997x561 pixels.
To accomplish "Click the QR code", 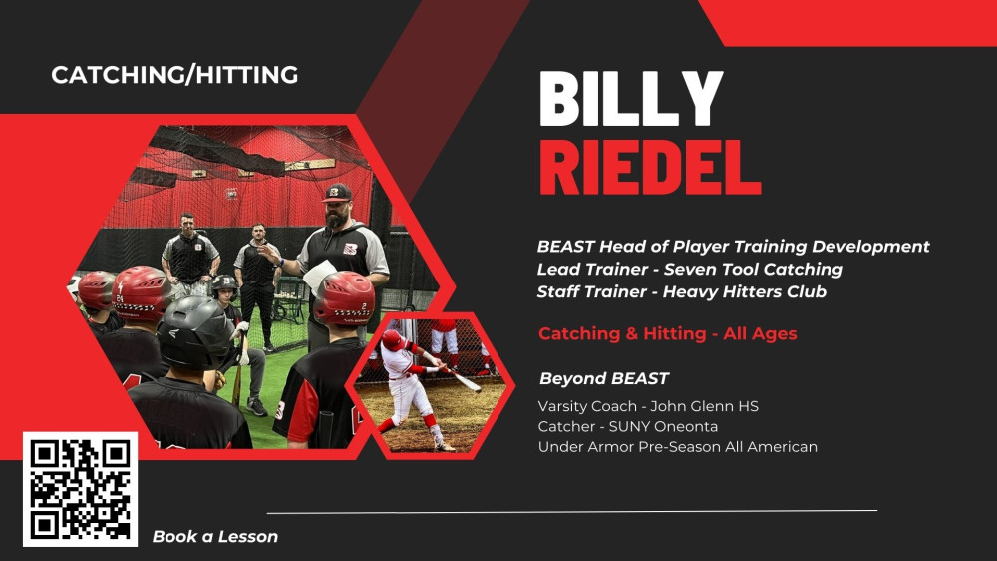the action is (x=80, y=489).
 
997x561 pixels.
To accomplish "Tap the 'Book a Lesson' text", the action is (x=215, y=537).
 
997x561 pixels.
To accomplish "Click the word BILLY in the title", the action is (x=631, y=99).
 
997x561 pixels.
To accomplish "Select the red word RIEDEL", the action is (x=650, y=168).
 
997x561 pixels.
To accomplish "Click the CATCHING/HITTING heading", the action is (x=174, y=75).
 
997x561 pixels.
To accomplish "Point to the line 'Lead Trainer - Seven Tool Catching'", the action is (x=690, y=270).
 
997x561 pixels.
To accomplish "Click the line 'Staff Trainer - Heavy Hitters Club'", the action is (x=682, y=292).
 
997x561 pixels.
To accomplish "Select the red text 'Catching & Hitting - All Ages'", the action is (x=668, y=333).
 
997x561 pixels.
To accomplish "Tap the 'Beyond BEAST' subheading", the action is (x=604, y=379).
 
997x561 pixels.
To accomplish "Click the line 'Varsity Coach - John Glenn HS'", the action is (x=648, y=406).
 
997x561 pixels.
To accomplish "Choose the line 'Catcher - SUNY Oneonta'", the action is (x=627, y=426).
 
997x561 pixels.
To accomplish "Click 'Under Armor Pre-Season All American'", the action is (x=678, y=447).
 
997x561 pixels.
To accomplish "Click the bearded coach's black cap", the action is (x=337, y=193).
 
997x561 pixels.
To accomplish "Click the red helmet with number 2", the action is (x=344, y=297).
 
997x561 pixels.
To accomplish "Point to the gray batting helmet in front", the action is (x=194, y=331).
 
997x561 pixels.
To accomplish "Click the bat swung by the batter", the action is (x=462, y=380).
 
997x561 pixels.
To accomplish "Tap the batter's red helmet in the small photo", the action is (x=392, y=340).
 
